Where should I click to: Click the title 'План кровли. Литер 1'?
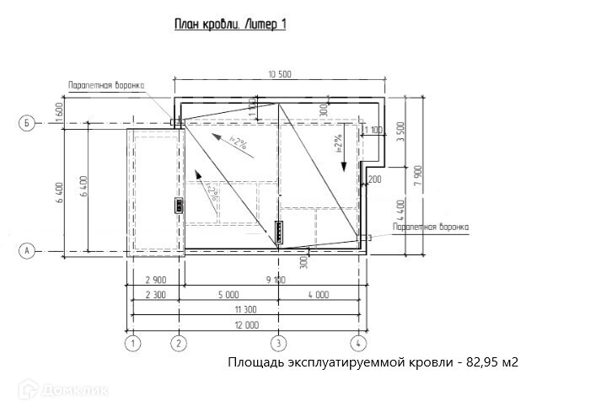click(x=230, y=24)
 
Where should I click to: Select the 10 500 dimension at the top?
click(x=279, y=74)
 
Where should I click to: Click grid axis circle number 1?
click(x=132, y=344)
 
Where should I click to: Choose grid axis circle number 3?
click(x=278, y=344)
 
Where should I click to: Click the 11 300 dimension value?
click(x=244, y=309)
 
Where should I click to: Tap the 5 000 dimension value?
click(x=228, y=294)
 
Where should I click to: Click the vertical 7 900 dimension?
click(x=428, y=174)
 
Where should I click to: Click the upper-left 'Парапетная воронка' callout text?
click(x=107, y=85)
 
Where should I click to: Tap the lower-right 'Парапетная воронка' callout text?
click(x=430, y=227)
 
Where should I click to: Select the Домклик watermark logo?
click(x=54, y=388)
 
